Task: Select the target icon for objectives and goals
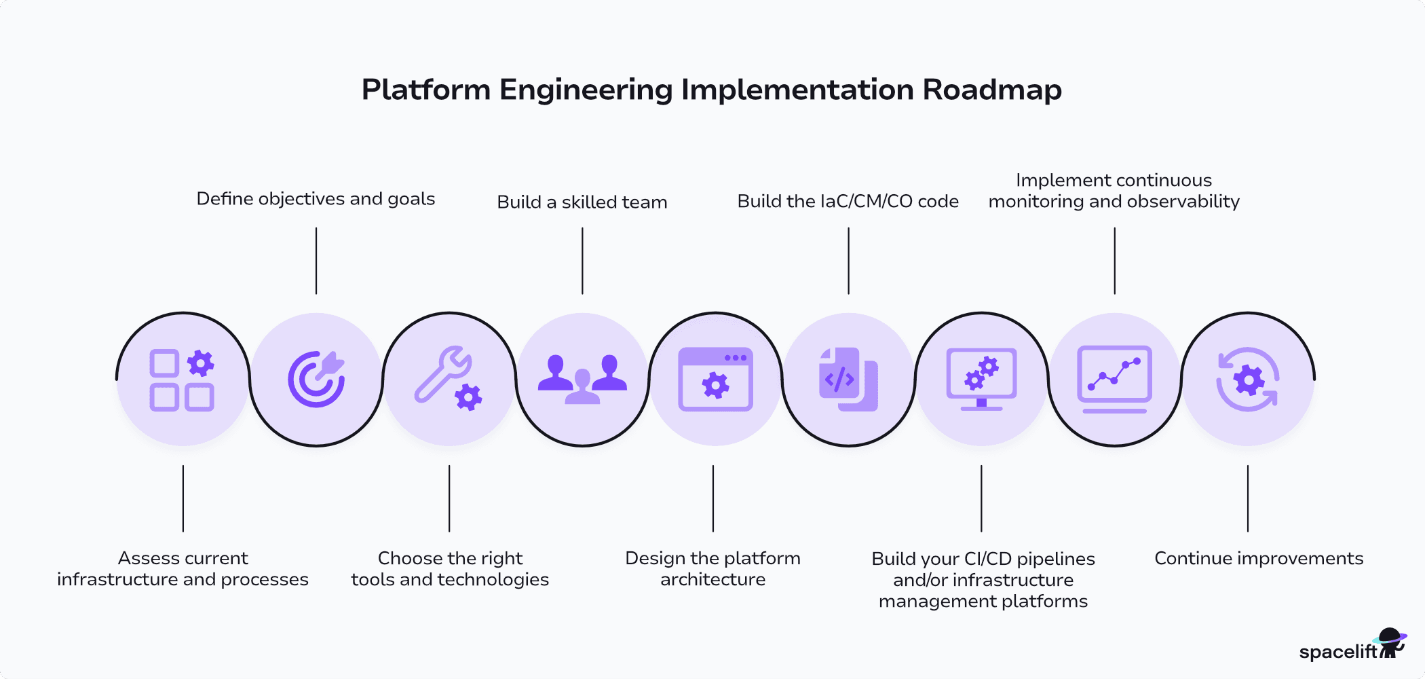(x=316, y=379)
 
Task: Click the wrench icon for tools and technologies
(x=449, y=379)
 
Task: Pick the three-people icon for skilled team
(x=582, y=379)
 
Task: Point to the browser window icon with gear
(x=715, y=379)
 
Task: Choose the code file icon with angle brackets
(x=848, y=379)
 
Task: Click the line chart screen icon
(x=1114, y=379)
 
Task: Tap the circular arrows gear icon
(x=1247, y=379)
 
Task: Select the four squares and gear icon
(x=183, y=379)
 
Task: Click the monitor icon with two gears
(x=981, y=379)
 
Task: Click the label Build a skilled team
(x=582, y=202)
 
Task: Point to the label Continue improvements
(x=1259, y=558)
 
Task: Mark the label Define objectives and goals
(x=316, y=199)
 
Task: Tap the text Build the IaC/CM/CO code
(x=848, y=202)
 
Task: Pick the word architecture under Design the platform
(x=712, y=580)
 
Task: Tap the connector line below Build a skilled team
(x=582, y=261)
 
